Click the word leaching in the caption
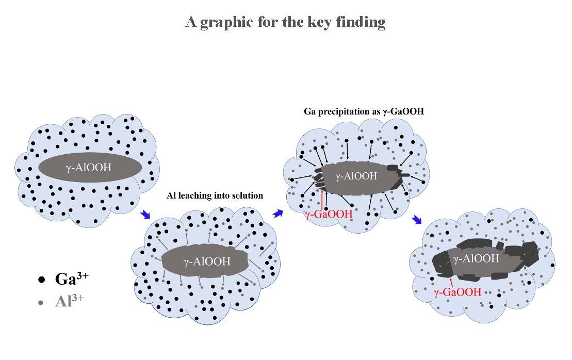point(199,195)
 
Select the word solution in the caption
point(247,195)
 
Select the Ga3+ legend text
point(72,280)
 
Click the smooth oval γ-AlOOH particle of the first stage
point(90,168)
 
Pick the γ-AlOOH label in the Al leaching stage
point(207,262)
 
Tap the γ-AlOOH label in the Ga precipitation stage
point(356,176)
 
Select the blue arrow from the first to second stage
point(146,214)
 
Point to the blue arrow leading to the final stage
point(416,220)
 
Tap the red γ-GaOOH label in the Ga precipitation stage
point(328,214)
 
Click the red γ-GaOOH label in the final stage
point(457,292)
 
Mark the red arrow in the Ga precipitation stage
point(322,199)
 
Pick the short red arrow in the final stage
point(451,282)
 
